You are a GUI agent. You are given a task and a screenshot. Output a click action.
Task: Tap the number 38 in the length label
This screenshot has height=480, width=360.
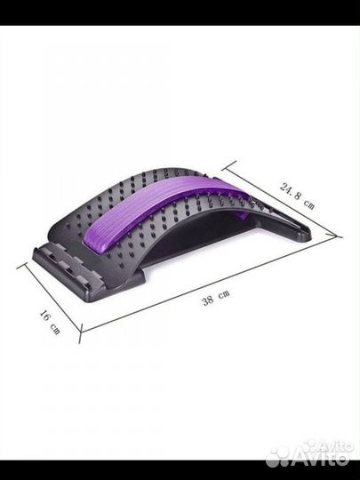tap(208, 300)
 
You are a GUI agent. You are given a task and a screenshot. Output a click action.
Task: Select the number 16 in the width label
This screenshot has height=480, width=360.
tap(45, 316)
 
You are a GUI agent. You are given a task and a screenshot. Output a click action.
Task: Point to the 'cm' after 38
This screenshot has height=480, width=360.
tap(224, 294)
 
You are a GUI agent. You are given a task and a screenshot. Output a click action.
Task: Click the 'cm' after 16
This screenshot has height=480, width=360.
tap(56, 330)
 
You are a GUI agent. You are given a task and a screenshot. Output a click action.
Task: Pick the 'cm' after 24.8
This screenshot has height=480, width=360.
tap(308, 204)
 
